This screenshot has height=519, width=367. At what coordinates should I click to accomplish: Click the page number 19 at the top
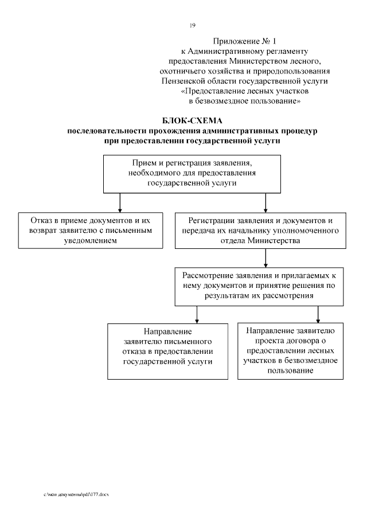click(193, 25)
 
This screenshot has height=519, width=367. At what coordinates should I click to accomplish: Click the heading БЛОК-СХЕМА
click(192, 121)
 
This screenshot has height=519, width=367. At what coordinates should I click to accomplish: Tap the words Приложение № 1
click(244, 41)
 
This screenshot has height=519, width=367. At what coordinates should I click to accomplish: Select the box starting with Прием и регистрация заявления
click(192, 173)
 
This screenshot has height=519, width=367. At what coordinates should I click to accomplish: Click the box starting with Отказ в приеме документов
click(89, 230)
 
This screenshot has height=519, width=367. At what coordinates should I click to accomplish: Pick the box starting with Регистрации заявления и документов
click(261, 230)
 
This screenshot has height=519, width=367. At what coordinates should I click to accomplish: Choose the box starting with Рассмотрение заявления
click(261, 286)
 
